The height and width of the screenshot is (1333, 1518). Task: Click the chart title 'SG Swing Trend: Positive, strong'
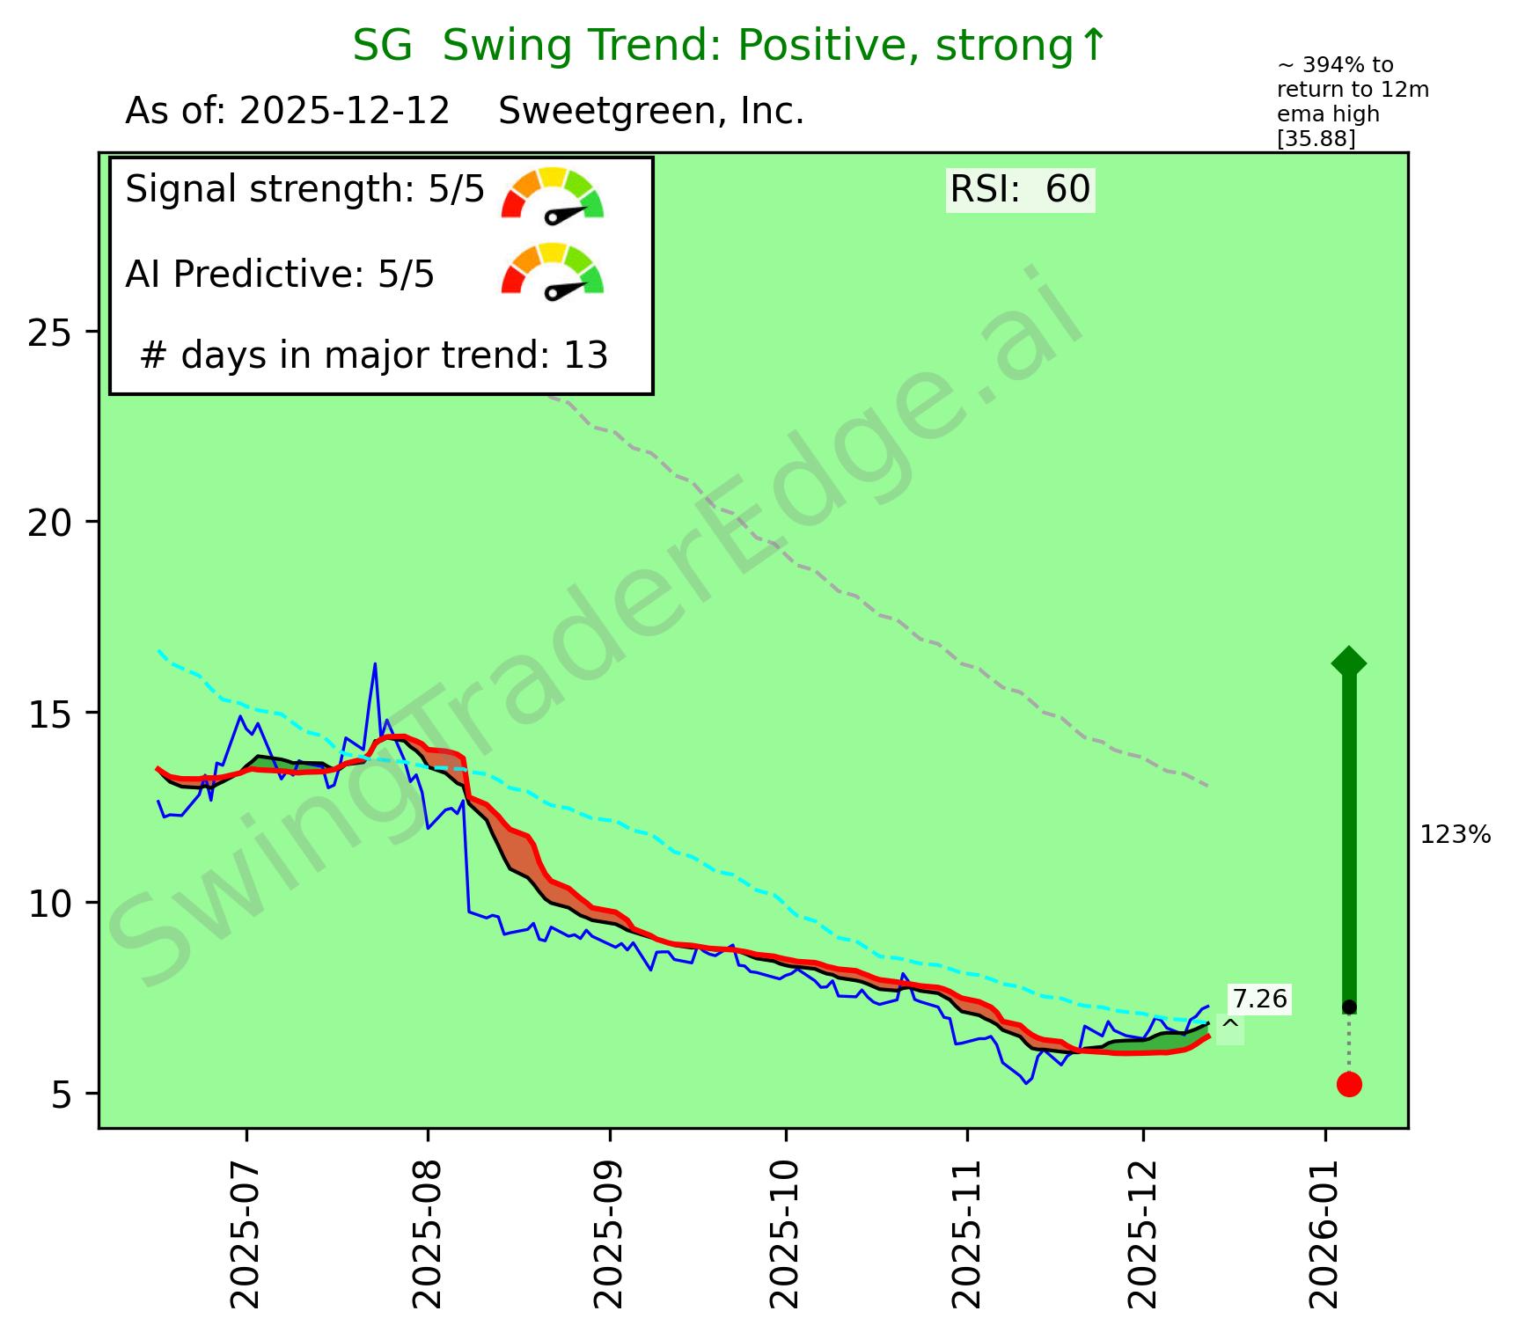coord(729,46)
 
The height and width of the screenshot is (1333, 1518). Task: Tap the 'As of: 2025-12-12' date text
coord(288,112)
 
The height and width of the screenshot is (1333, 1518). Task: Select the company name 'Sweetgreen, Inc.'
coord(651,112)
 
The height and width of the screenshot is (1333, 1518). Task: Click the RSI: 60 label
coord(1020,189)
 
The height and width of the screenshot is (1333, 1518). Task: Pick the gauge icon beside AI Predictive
coord(553,271)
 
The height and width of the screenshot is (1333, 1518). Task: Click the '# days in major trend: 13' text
coord(374,355)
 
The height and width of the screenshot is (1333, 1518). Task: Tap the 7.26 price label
coord(1259,999)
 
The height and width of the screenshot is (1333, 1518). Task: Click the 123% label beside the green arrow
coord(1456,835)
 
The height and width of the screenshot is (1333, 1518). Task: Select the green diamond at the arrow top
coord(1349,662)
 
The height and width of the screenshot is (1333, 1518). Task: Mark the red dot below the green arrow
coord(1349,1084)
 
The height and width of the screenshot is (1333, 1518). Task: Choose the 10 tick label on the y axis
coord(48,904)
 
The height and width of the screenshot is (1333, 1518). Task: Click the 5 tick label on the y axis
coord(61,1095)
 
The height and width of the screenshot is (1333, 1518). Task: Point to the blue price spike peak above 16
coord(375,664)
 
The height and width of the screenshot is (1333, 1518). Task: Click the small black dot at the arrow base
coord(1349,1007)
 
